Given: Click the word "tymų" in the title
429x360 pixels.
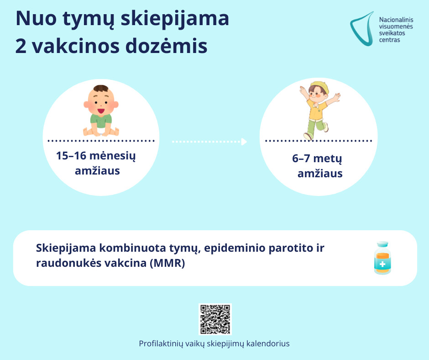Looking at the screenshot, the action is [88, 19].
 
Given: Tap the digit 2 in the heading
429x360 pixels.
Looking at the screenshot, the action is [21, 46].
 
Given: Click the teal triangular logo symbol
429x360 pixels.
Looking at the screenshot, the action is [362, 29].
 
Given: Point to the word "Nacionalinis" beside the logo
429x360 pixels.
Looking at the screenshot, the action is [396, 20].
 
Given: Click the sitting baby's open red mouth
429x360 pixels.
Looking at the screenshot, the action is [101, 111].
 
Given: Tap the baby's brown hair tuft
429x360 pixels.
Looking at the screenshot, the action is [101, 88].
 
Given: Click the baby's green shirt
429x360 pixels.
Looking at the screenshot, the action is [101, 121].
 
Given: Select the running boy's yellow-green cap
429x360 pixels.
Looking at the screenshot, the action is [320, 86].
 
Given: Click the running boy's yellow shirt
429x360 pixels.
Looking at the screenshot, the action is [317, 110].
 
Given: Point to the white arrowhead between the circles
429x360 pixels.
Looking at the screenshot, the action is [244, 142].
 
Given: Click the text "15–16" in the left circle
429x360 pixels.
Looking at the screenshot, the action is [71, 156].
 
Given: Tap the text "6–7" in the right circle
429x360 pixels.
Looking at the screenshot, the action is [301, 159].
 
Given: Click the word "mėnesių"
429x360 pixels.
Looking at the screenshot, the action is [112, 156].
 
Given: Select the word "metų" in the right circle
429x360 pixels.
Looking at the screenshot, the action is [328, 159].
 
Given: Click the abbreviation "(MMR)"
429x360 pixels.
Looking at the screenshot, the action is [167, 263].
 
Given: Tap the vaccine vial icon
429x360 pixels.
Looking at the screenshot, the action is [382, 258].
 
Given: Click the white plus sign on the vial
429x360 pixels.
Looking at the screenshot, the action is [382, 264].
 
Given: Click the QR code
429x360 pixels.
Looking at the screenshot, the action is [215, 319].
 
